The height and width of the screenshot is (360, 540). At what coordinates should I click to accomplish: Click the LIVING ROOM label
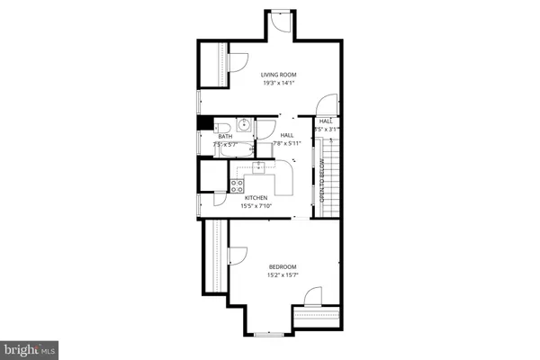279,75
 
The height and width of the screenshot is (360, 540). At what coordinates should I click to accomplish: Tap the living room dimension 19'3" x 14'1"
279,83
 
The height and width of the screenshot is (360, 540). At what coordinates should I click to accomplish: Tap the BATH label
224,137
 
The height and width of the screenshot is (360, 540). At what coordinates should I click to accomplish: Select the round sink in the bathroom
243,125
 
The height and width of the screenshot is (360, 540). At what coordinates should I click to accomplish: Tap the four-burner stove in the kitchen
238,185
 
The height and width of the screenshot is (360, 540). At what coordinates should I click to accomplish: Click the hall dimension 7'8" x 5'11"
287,143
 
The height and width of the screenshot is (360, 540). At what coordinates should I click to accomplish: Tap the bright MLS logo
29,348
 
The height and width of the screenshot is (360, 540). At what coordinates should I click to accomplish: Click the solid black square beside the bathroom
204,125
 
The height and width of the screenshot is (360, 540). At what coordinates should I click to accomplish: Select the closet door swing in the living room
235,62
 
